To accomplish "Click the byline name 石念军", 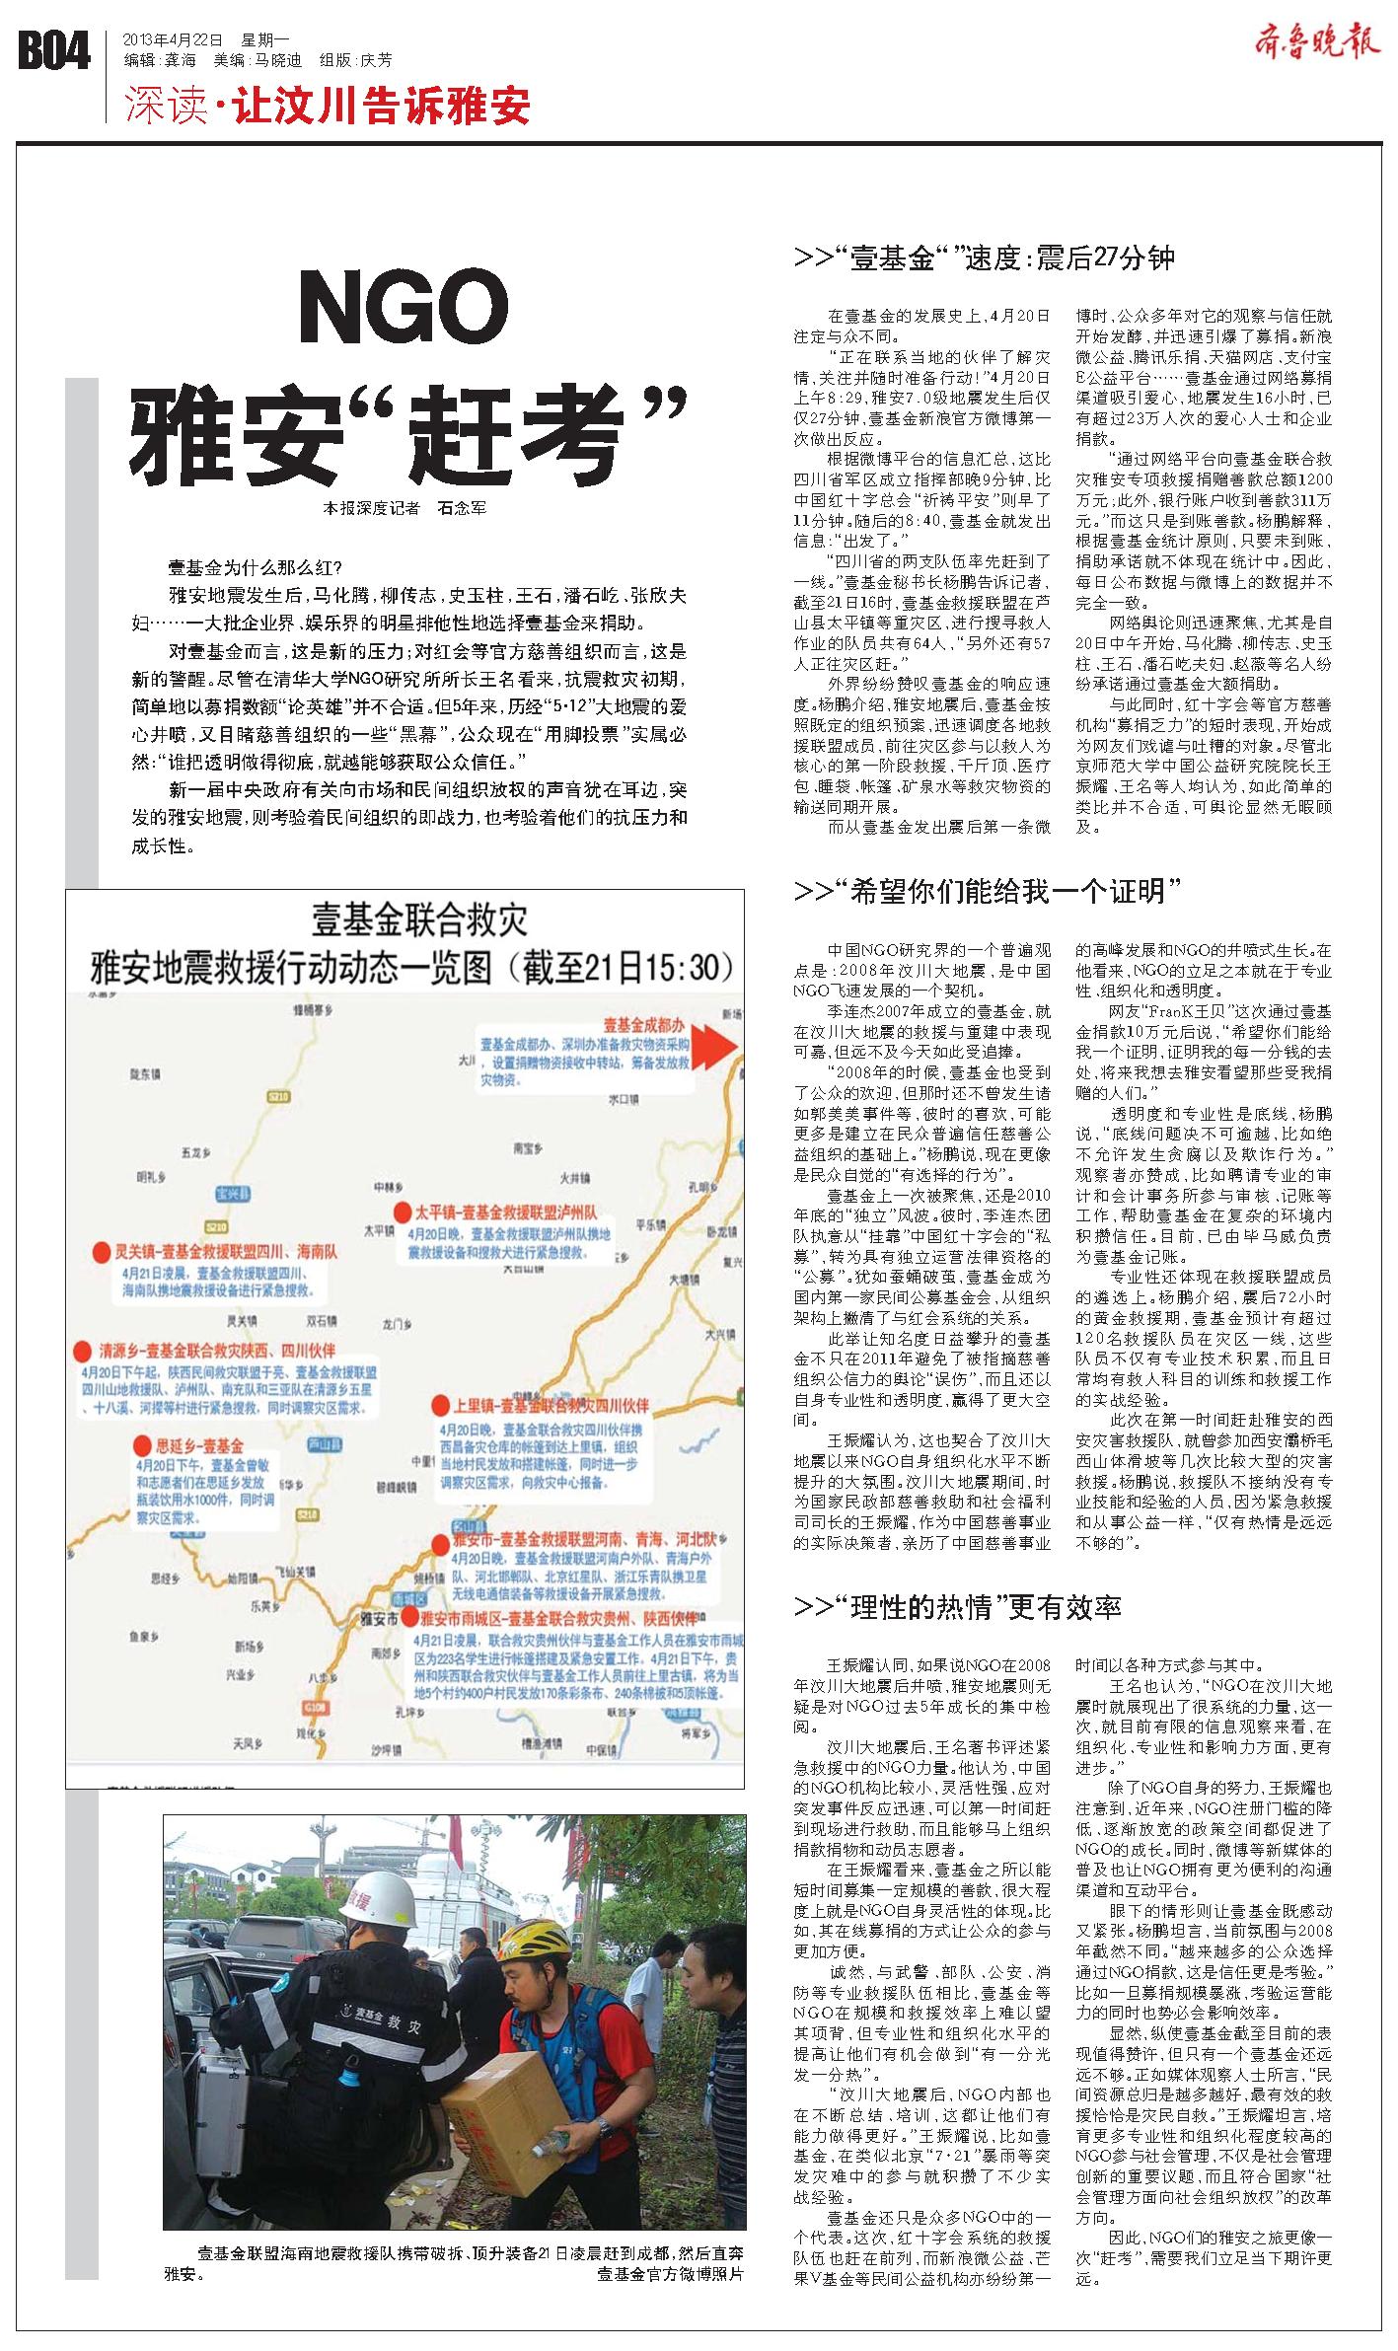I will point(462,509).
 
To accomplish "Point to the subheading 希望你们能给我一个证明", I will point(988,893).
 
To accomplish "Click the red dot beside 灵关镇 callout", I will point(99,1252).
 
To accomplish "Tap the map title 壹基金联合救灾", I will point(406,920).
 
